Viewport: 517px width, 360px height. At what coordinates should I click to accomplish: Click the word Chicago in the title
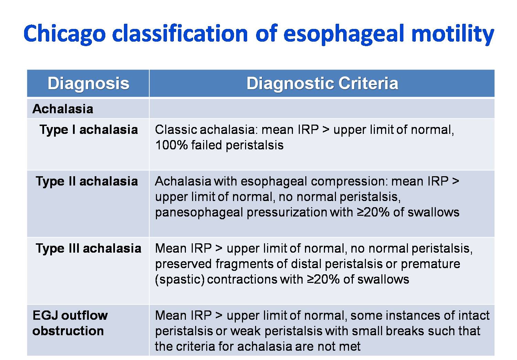(x=65, y=34)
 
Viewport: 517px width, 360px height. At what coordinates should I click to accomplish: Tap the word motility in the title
(x=453, y=34)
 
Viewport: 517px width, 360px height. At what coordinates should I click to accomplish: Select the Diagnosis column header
(x=88, y=84)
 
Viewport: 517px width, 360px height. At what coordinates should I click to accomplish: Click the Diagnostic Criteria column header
(x=322, y=84)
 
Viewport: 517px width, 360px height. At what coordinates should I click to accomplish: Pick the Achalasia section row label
(x=63, y=109)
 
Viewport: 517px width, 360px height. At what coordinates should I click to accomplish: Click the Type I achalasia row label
(x=88, y=130)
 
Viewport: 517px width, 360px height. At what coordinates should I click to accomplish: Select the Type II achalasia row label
(x=87, y=182)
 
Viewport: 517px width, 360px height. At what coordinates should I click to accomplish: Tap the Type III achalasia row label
(x=88, y=249)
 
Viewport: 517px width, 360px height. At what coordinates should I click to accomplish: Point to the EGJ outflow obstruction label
(x=70, y=323)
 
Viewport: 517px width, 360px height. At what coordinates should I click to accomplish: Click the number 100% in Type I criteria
(x=171, y=145)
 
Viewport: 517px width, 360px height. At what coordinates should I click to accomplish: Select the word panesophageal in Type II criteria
(x=199, y=213)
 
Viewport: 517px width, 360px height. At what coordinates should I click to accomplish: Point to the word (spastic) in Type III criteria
(x=180, y=280)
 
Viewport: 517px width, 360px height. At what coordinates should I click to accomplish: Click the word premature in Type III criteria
(x=430, y=264)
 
